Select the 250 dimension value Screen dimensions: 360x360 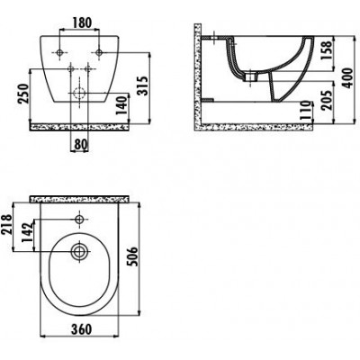coord(24,94)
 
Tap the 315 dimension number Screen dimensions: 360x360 coord(142,86)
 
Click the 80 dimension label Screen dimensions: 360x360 coord(80,145)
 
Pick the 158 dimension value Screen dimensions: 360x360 coord(327,50)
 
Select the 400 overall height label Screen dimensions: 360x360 coord(348,78)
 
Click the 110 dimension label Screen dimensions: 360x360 coord(305,112)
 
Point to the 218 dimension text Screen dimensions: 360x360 coord(6,224)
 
